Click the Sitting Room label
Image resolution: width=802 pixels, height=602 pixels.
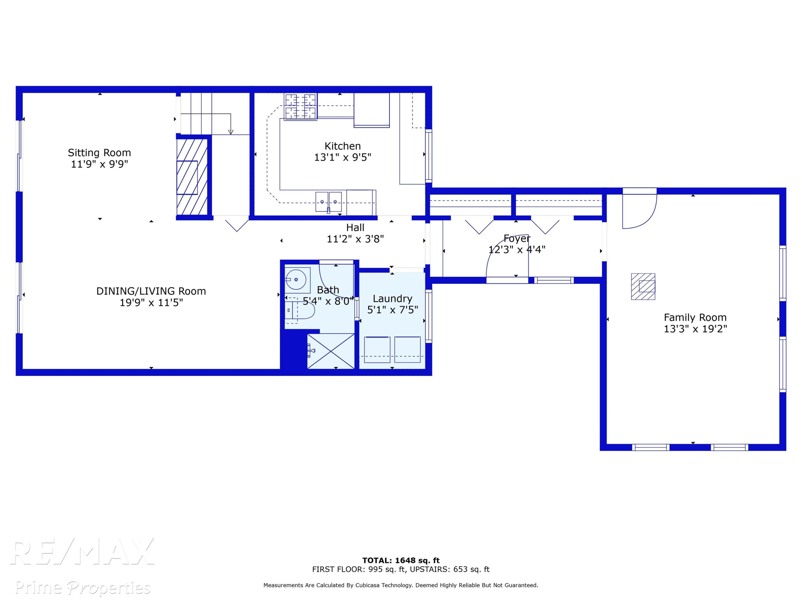click(x=99, y=153)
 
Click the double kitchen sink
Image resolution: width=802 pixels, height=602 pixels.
click(x=329, y=202)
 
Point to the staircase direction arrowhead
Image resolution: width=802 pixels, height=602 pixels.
click(x=231, y=132)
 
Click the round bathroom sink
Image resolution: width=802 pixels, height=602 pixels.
click(x=296, y=280)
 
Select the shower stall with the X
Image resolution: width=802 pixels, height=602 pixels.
click(x=331, y=351)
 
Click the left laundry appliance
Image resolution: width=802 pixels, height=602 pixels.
click(x=377, y=349)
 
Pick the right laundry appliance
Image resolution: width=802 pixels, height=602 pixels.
click(x=407, y=349)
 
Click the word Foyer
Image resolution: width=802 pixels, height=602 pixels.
click(x=517, y=239)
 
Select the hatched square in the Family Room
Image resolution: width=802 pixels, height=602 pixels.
click(x=643, y=286)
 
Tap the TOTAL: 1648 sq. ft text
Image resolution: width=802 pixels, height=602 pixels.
click(x=401, y=560)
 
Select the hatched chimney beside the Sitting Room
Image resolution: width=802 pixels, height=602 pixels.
click(x=192, y=177)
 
